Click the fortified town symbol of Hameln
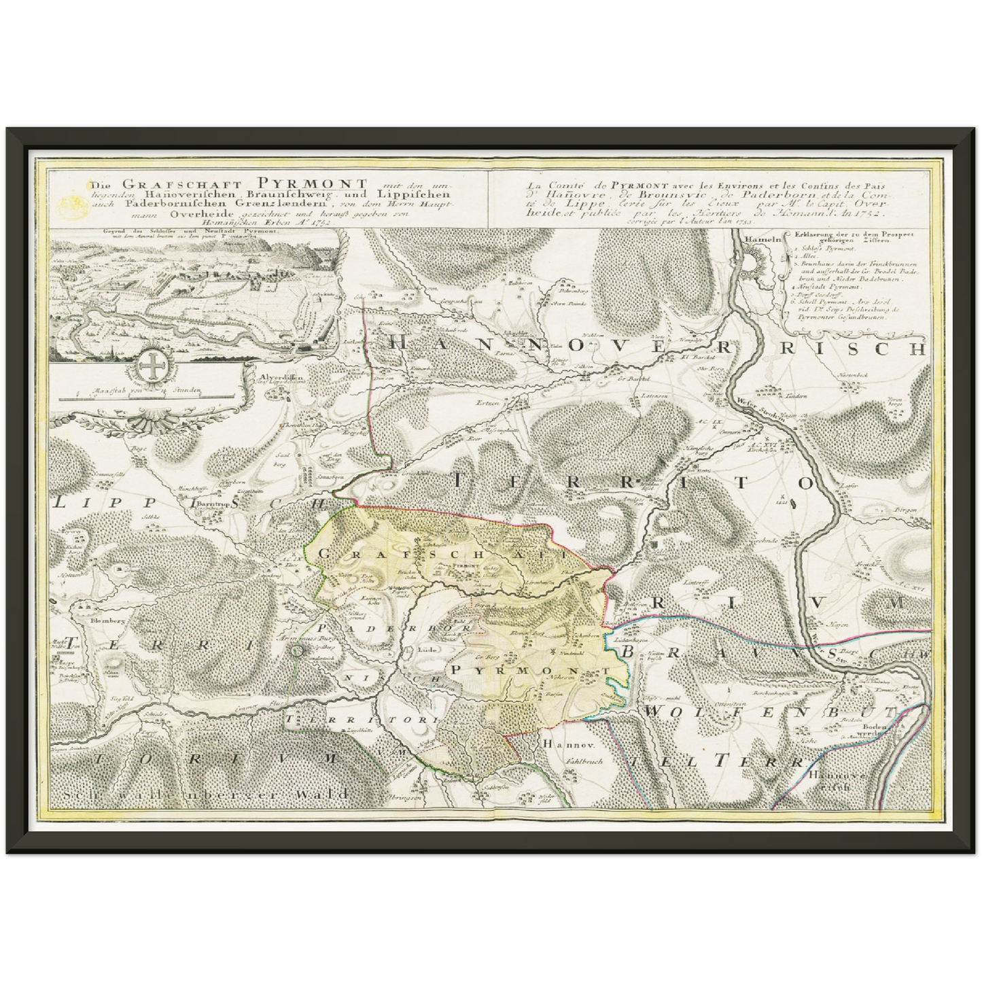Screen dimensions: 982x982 tap(755, 261)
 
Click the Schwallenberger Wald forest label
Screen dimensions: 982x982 tap(204, 793)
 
